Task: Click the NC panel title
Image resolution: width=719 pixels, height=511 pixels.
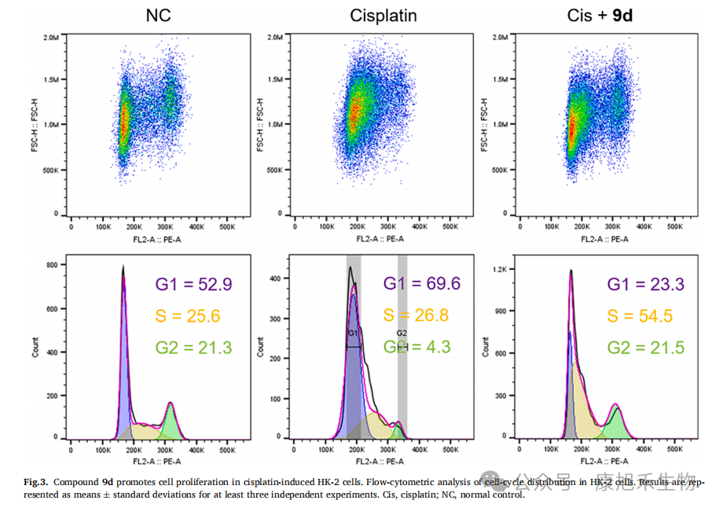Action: [159, 15]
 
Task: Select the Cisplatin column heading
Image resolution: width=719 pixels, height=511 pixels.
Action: [383, 15]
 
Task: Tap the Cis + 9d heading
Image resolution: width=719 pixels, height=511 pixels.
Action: [600, 15]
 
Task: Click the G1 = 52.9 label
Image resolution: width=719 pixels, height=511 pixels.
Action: [183, 283]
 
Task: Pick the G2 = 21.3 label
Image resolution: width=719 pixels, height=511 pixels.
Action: [183, 348]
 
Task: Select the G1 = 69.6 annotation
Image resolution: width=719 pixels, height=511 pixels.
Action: [416, 283]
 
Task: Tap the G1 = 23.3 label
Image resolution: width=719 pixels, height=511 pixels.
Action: [640, 283]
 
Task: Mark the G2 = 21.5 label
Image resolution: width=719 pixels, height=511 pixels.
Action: [640, 348]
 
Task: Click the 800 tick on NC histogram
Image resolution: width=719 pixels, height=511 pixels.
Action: [52, 265]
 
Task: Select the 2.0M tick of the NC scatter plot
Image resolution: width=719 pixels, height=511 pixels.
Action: [51, 37]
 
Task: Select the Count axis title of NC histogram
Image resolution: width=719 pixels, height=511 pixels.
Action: [35, 349]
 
